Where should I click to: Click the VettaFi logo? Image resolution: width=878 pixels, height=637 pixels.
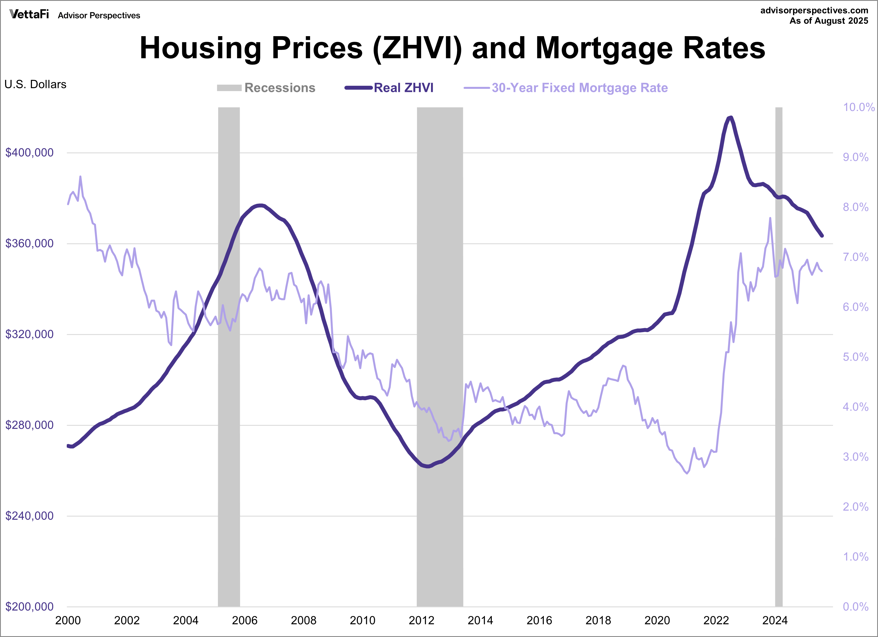[29, 14]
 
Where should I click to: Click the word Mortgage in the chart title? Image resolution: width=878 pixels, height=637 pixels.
[604, 48]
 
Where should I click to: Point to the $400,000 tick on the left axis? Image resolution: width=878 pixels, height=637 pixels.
[29, 152]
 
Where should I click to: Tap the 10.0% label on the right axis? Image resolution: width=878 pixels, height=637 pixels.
[858, 107]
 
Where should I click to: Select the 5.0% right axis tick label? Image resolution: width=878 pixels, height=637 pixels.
[856, 357]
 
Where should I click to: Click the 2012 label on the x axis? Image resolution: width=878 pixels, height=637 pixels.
[421, 620]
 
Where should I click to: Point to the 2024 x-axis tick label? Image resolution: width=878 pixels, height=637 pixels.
[775, 620]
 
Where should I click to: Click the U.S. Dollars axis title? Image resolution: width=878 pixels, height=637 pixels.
[35, 84]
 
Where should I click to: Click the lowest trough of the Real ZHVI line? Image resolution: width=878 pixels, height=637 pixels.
[427, 466]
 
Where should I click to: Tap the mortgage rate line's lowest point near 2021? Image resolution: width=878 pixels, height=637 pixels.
[687, 473]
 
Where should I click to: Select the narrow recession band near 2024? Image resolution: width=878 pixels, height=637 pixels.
[778, 387]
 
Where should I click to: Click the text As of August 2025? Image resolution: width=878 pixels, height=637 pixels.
[829, 21]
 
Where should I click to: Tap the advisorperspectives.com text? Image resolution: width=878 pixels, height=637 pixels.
[814, 10]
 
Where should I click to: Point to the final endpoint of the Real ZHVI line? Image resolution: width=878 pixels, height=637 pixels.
[822, 236]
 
